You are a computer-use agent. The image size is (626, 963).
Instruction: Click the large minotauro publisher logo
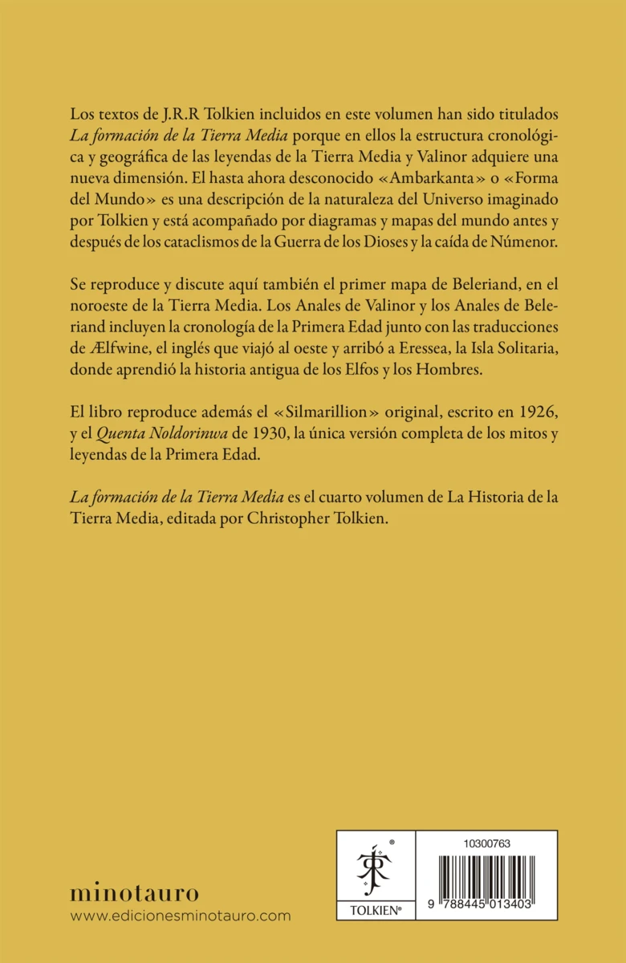134,892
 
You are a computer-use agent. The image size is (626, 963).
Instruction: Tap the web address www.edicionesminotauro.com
181,916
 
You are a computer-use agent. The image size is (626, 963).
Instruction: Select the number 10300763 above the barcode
487,843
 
